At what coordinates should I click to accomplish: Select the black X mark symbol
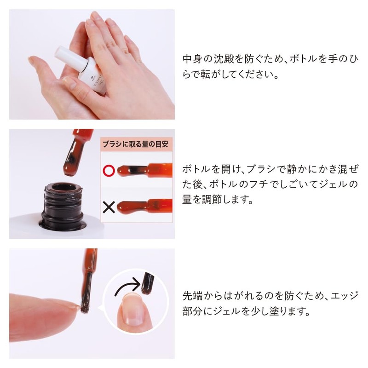coord(109,207)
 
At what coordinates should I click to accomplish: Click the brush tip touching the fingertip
coord(85,307)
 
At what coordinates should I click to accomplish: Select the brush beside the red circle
coord(143,170)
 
